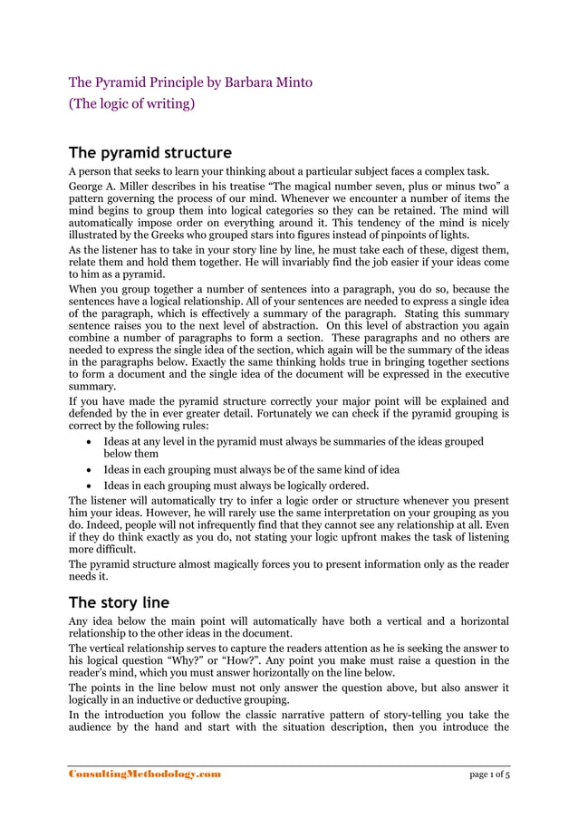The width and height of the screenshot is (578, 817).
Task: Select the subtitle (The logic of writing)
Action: point(132,104)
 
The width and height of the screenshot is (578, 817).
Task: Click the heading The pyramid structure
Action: point(150,151)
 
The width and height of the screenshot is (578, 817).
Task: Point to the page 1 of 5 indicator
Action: point(489,774)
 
